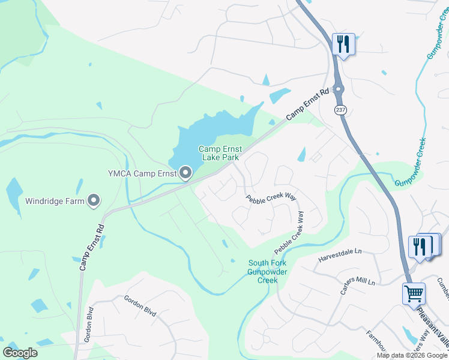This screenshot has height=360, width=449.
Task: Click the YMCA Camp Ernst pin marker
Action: (185, 173)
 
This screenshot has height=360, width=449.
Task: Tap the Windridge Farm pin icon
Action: (94, 200)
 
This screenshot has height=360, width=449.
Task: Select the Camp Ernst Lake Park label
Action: (219, 153)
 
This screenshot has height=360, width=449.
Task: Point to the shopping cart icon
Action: (414, 294)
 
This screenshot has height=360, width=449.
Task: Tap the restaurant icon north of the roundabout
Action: (343, 44)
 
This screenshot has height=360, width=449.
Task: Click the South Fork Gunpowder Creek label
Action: (267, 272)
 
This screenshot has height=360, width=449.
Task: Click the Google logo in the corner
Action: (20, 353)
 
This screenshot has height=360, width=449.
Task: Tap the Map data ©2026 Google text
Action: (412, 355)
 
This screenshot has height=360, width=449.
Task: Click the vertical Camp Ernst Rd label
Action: (91, 247)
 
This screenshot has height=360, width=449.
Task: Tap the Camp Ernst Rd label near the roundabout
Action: (307, 104)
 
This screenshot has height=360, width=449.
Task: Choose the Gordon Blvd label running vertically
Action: (89, 325)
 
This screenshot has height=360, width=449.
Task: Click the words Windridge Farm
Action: (55, 201)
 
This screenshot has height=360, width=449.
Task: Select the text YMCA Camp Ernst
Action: (142, 174)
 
